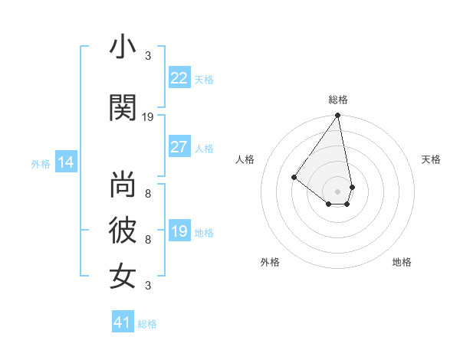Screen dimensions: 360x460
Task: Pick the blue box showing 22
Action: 179,78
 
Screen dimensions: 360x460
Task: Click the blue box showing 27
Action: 179,147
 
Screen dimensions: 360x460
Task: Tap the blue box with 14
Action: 65,162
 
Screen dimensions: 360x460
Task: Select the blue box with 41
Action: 123,322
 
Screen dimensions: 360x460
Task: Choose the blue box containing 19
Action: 179,231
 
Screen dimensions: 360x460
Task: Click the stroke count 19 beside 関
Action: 148,117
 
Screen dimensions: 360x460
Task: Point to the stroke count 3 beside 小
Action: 148,55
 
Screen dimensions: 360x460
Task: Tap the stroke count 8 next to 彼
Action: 148,240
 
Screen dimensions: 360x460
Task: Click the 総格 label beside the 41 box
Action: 147,324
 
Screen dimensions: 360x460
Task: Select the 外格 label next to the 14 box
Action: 41,163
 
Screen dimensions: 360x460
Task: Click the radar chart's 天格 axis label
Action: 431,159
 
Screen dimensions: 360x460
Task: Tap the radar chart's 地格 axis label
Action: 402,262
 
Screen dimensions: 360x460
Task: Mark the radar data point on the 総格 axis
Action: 337,116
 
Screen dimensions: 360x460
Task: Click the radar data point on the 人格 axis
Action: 294,177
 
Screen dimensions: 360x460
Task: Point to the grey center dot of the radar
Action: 337,191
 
